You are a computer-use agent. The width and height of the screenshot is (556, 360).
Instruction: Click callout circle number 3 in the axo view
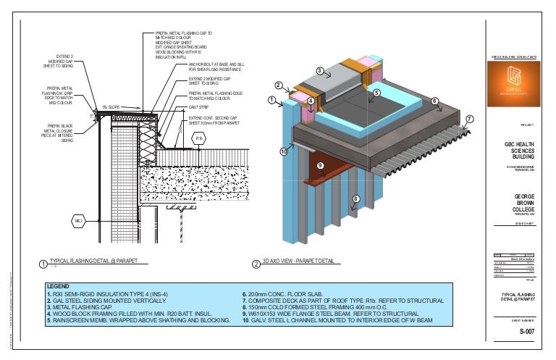(x=319, y=70)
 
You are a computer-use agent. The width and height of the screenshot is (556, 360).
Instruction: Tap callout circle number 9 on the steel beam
(x=319, y=165)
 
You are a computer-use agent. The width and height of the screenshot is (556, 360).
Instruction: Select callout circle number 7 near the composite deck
(x=468, y=119)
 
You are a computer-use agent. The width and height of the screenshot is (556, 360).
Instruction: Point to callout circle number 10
(x=284, y=151)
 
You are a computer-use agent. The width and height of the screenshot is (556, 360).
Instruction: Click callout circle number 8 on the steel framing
(x=355, y=198)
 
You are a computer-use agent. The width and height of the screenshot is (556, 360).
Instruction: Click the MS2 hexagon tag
(x=80, y=219)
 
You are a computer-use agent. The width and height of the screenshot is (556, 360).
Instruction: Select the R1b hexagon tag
(x=199, y=138)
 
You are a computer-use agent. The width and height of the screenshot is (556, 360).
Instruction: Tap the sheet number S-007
(x=515, y=332)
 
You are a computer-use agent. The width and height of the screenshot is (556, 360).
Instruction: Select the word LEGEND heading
(x=57, y=287)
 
